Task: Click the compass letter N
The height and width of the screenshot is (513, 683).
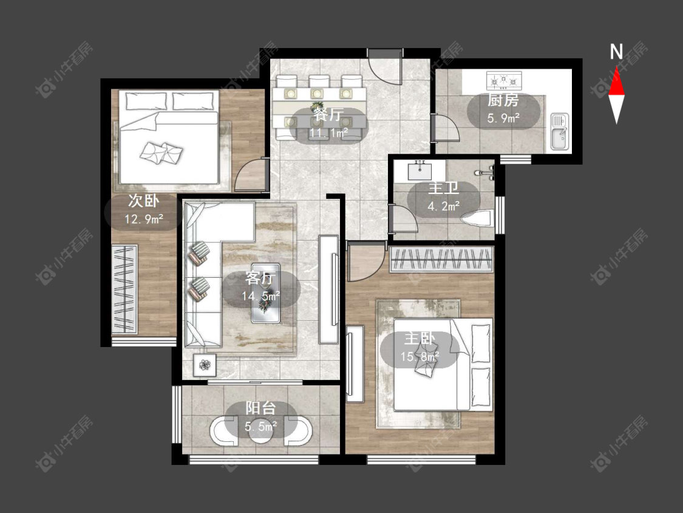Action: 616,52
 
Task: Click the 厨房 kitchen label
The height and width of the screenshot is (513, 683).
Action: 503,100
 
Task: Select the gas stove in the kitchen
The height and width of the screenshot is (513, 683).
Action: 504,81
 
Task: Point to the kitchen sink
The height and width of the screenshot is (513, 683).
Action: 559,131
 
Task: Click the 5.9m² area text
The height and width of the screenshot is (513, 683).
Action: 503,118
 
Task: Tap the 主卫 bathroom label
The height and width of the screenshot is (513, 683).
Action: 443,188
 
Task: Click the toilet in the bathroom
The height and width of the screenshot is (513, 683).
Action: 478,218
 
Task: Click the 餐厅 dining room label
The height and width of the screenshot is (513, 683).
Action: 328,115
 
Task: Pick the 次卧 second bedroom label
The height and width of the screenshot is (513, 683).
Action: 143,201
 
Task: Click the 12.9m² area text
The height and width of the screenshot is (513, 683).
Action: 144,219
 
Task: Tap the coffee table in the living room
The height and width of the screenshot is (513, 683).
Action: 266,292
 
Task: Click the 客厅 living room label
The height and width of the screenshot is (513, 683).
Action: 260,278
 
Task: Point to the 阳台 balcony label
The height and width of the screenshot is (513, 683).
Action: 260,408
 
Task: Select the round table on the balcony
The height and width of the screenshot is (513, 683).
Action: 260,430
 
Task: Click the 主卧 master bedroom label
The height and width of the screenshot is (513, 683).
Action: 420,339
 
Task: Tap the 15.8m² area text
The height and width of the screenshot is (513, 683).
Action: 420,356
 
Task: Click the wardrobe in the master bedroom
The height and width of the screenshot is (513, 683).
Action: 441,259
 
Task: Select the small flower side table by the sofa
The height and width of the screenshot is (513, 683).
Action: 204,365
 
